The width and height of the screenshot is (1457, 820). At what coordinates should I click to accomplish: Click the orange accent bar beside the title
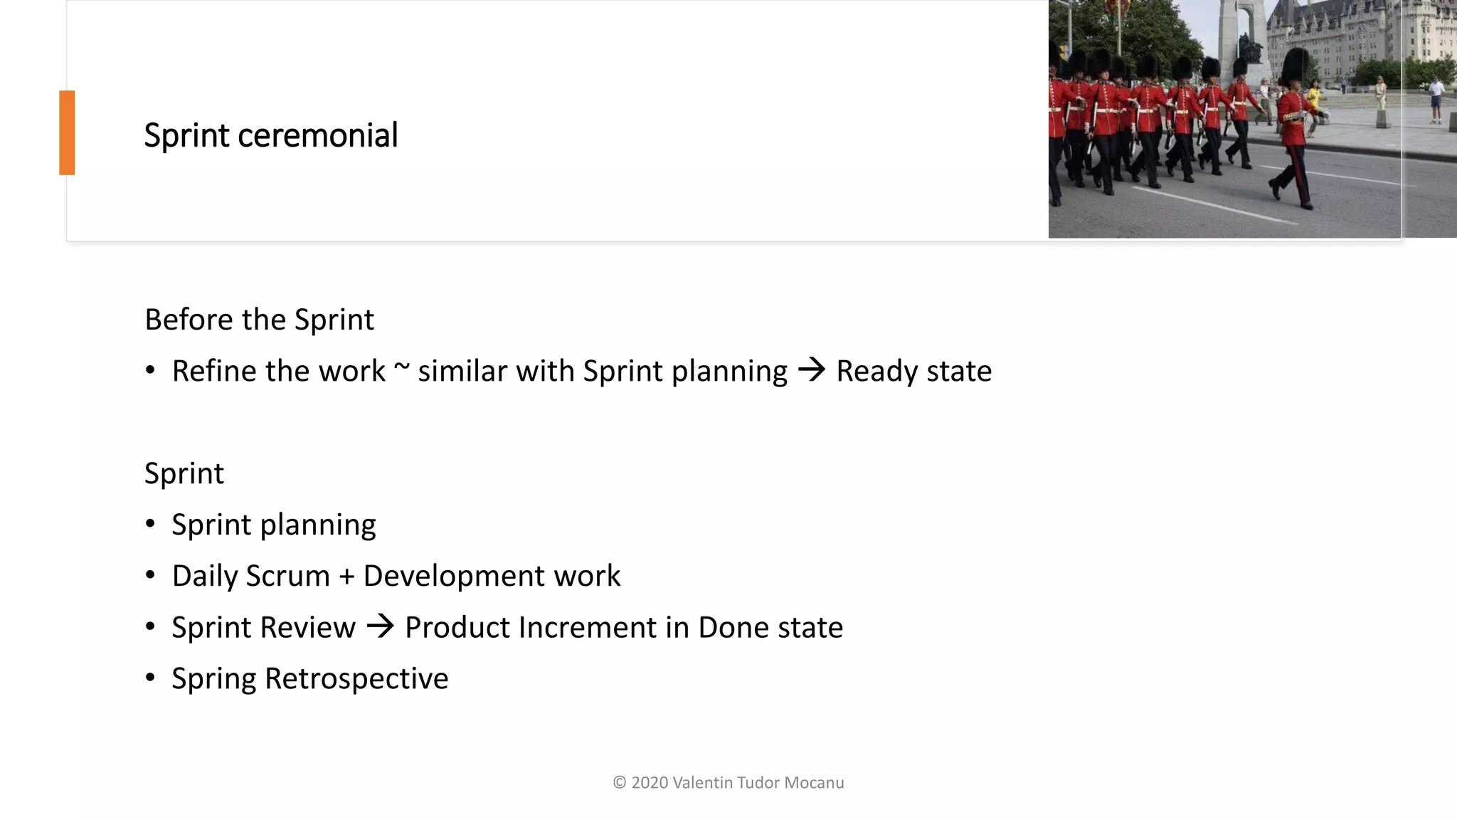coord(67,132)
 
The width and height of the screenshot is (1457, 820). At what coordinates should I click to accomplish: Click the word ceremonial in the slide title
coord(317,135)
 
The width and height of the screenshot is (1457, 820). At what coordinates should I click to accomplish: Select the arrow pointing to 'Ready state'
coord(812,369)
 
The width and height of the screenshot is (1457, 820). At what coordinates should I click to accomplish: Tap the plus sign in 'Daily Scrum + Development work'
coord(346,577)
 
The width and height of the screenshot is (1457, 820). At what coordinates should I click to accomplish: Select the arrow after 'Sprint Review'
coord(381,626)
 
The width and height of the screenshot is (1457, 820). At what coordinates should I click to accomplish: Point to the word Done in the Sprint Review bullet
coord(733,627)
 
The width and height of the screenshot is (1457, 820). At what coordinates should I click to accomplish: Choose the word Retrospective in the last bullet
coord(356,678)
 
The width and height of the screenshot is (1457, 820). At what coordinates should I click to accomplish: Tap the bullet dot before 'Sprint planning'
coord(150,525)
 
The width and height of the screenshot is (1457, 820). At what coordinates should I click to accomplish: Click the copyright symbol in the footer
coord(620,783)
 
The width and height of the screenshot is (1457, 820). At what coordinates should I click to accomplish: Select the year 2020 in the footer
coord(650,783)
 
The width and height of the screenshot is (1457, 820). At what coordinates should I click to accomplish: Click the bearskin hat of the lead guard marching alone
coord(1294,65)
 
